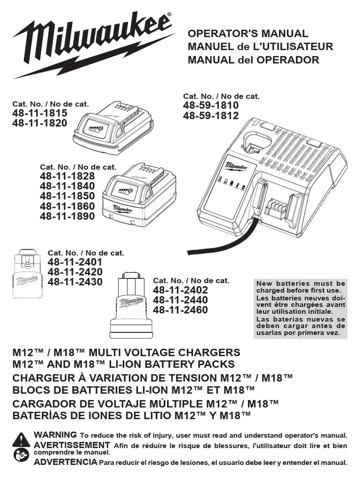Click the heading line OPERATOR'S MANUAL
pyautogui.click(x=248, y=34)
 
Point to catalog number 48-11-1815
pyautogui.click(x=39, y=113)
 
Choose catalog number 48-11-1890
pyautogui.click(x=67, y=216)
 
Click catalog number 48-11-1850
pyautogui.click(x=67, y=196)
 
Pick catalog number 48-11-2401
pyautogui.click(x=75, y=262)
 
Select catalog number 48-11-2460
pyautogui.click(x=180, y=310)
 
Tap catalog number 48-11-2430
pyautogui.click(x=75, y=282)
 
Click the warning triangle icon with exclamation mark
pyautogui.click(x=22, y=439)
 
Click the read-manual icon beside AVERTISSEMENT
pyautogui.click(x=22, y=454)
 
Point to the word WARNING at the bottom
pyautogui.click(x=55, y=435)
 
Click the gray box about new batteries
pyautogui.click(x=300, y=308)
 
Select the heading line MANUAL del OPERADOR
pyautogui.click(x=253, y=60)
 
